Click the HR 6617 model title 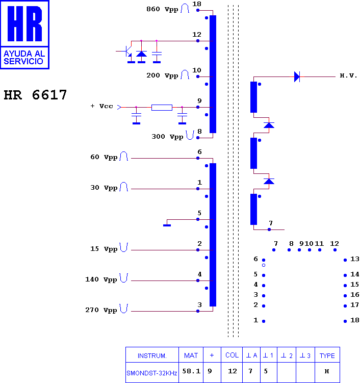click(x=35, y=95)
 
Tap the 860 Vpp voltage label click(x=162, y=9)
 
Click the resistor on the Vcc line click(x=162, y=108)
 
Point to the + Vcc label click(x=101, y=106)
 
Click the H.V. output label click(x=348, y=75)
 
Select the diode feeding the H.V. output click(x=297, y=76)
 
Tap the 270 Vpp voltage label click(x=101, y=310)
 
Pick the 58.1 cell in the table click(x=191, y=371)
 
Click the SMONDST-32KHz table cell click(x=151, y=373)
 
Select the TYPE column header click(x=327, y=355)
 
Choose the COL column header click(x=232, y=355)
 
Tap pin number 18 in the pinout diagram click(x=354, y=320)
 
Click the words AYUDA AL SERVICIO click(x=24, y=58)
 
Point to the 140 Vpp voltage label click(x=101, y=279)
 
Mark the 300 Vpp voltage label click(x=167, y=137)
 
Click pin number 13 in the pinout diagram click(x=354, y=259)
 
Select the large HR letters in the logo click(x=24, y=23)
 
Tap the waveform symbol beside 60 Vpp click(x=124, y=156)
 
